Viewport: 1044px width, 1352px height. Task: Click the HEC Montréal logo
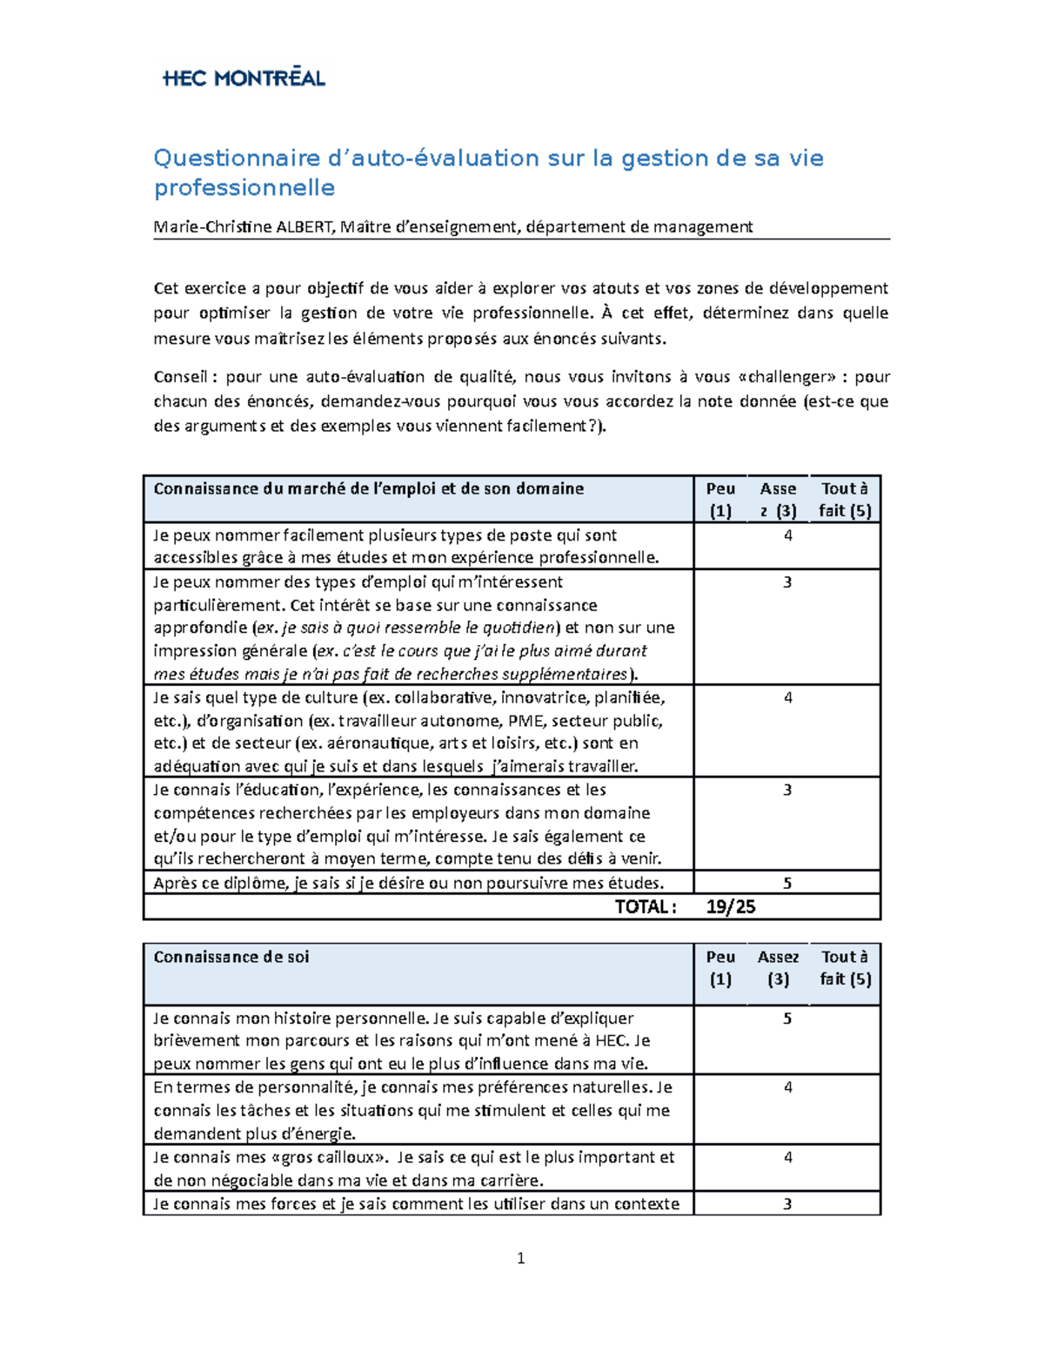(x=244, y=77)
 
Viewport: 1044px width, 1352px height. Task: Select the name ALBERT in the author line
(x=304, y=227)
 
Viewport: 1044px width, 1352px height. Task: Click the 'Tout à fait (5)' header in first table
(x=844, y=500)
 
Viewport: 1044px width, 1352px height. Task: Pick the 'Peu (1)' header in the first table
(x=720, y=500)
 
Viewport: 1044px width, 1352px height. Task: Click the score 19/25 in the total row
(x=731, y=907)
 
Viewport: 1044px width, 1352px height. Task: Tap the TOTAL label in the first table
(x=645, y=907)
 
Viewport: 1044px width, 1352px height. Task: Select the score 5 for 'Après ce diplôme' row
(x=787, y=884)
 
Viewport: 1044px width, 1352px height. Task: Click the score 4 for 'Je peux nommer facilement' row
(x=787, y=536)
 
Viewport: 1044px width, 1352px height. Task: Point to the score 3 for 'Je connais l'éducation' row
(x=787, y=790)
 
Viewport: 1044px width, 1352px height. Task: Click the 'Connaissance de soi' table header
(x=231, y=957)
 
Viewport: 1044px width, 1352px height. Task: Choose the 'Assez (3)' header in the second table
(x=778, y=967)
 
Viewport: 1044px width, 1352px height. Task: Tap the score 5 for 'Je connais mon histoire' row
(x=787, y=1019)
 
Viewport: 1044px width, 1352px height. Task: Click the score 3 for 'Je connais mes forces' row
(x=787, y=1205)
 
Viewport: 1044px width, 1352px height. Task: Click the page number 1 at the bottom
(x=520, y=1258)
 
